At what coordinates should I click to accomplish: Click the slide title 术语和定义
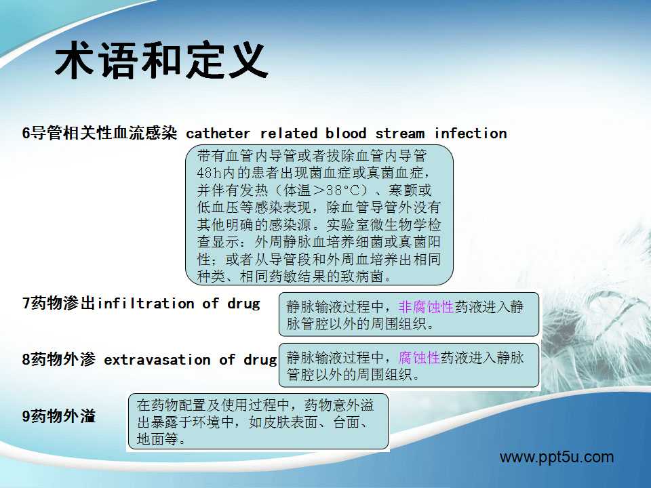pyautogui.click(x=161, y=60)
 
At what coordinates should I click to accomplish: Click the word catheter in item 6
pyautogui.click(x=218, y=134)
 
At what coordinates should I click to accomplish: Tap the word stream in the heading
pyautogui.click(x=400, y=134)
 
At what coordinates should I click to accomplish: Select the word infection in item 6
pyautogui.click(x=471, y=134)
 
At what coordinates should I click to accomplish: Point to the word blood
pyautogui.click(x=345, y=134)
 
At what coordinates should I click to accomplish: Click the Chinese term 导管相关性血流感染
pyautogui.click(x=104, y=133)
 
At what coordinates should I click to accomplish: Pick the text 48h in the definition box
pyautogui.click(x=210, y=173)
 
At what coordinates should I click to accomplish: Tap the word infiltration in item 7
pyautogui.click(x=146, y=304)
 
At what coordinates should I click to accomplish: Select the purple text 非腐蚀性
pyautogui.click(x=426, y=307)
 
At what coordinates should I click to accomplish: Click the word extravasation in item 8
pyautogui.click(x=157, y=359)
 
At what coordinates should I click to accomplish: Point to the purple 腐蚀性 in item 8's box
pyautogui.click(x=419, y=357)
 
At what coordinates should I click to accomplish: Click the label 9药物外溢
pyautogui.click(x=59, y=415)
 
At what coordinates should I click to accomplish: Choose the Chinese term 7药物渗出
pyautogui.click(x=60, y=304)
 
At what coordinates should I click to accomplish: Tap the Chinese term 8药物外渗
pyautogui.click(x=59, y=359)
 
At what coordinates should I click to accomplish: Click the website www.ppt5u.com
pyautogui.click(x=557, y=457)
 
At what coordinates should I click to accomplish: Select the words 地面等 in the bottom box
pyautogui.click(x=157, y=439)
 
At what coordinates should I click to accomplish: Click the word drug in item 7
pyautogui.click(x=243, y=304)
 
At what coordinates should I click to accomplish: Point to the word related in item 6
pyautogui.click(x=289, y=134)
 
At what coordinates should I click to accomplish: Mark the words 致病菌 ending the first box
pyautogui.click(x=362, y=276)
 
